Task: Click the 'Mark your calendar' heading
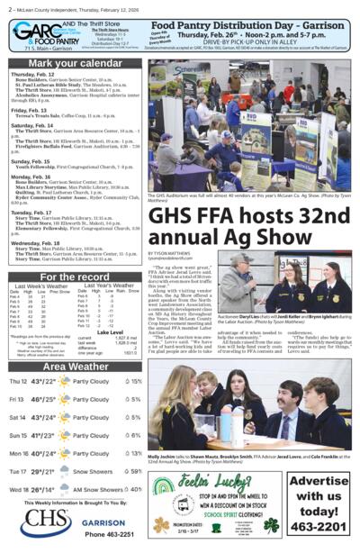tap(76, 62)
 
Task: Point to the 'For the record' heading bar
tap(76, 276)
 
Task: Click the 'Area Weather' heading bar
tap(76, 366)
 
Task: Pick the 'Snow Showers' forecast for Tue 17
tap(93, 470)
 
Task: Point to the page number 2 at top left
tap(7, 8)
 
